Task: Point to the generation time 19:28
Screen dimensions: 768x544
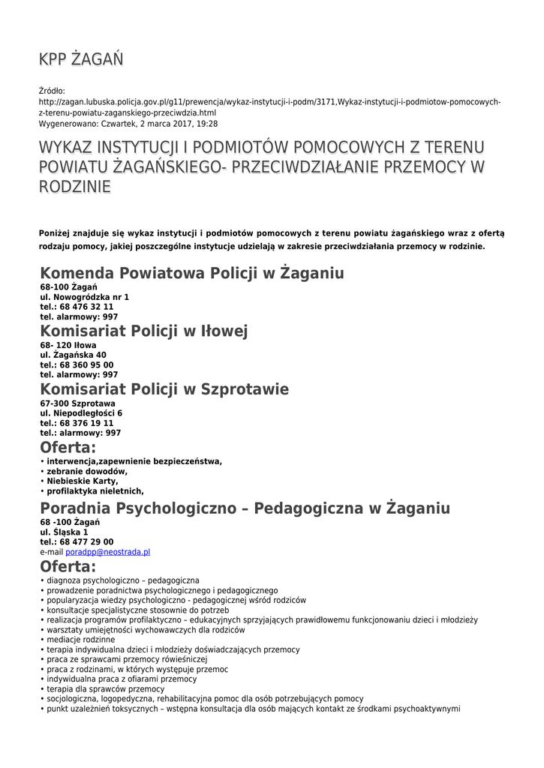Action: (x=208, y=123)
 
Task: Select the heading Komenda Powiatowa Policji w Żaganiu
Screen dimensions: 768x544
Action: (x=191, y=273)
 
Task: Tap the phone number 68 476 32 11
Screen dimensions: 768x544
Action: (x=86, y=307)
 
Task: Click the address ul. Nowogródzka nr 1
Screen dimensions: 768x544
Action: (x=84, y=297)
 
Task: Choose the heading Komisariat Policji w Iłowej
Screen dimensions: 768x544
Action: (x=143, y=331)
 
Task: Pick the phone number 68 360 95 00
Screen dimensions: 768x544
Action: (x=86, y=364)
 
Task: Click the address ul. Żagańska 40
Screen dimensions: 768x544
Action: (x=73, y=355)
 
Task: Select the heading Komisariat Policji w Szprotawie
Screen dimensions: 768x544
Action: (x=164, y=389)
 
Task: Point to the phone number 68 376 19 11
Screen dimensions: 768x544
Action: (x=86, y=423)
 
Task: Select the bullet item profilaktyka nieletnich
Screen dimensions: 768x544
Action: (x=95, y=490)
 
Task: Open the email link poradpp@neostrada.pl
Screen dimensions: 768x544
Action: (x=107, y=551)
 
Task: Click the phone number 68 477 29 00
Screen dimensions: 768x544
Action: (x=86, y=541)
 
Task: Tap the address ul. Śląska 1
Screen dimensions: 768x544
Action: (x=64, y=532)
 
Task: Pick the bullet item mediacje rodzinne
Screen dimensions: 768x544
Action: (x=81, y=640)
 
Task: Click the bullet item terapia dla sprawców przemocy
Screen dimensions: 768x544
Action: (x=105, y=688)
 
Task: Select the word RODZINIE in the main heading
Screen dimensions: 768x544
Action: (x=74, y=186)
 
